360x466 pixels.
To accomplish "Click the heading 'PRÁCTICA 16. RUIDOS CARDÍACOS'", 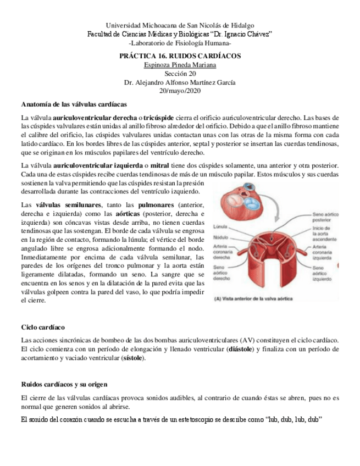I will pos(180,57).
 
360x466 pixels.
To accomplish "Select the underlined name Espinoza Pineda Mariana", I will pos(180,65).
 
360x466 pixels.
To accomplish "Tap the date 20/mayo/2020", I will pos(180,91).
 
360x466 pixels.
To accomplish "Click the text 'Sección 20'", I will pos(180,74).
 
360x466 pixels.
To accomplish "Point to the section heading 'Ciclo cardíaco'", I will pos(43,327).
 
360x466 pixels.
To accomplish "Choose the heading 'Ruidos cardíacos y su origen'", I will pos(64,384).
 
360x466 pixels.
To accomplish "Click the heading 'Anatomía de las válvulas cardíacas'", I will pos(74,104).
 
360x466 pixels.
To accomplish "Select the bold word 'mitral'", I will pos(160,166).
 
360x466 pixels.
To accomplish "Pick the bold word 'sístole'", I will pos(132,358).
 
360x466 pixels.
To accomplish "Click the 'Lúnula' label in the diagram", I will pos(220,226).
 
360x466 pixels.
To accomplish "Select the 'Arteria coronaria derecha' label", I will pos(222,252).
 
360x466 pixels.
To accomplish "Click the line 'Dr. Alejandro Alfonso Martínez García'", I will pos(180,82).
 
